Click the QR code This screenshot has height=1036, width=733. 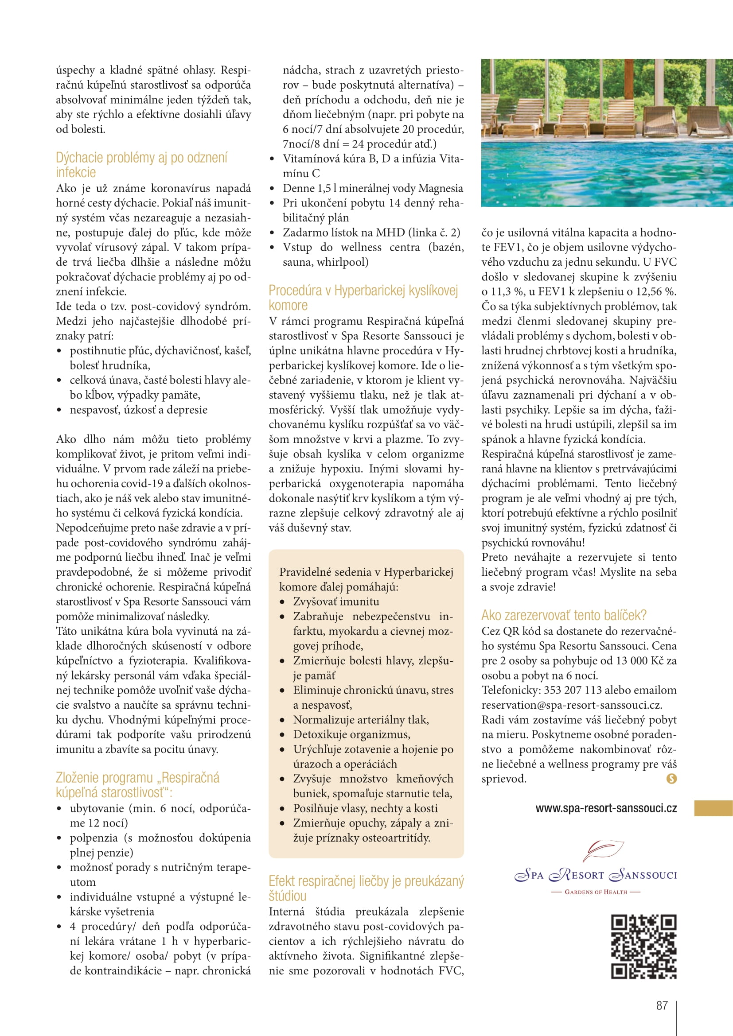[643, 947]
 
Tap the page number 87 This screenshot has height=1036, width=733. [662, 1005]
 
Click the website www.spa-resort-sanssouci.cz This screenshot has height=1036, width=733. [606, 809]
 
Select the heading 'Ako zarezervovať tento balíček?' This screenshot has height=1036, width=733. [564, 616]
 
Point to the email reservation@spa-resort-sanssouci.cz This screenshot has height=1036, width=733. [571, 705]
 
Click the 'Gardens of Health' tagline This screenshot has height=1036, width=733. [596, 892]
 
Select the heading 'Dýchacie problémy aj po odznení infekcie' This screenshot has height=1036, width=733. [141, 165]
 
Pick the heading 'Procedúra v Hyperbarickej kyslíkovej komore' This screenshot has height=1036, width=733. [363, 297]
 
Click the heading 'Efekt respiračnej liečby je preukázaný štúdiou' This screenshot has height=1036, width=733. [366, 888]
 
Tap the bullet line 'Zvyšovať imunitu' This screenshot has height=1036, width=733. [336, 601]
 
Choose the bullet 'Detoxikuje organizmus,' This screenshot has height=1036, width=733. [351, 734]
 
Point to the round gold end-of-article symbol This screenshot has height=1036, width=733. [671, 778]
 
